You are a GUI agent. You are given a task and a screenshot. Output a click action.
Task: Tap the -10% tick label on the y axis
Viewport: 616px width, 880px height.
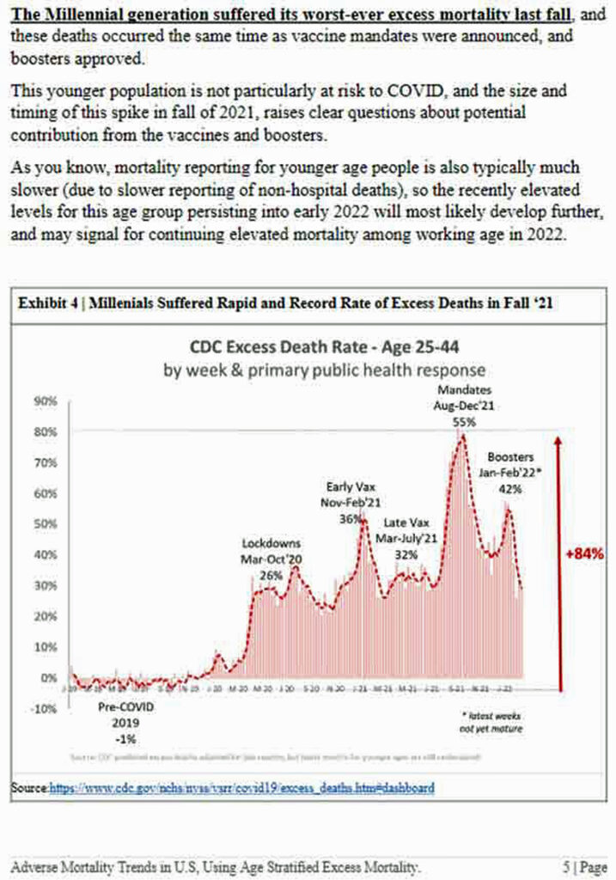pyautogui.click(x=44, y=709)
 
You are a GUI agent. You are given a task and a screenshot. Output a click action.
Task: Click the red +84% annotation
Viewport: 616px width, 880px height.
pyautogui.click(x=585, y=554)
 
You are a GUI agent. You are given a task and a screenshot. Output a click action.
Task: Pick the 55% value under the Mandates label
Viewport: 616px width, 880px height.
pyautogui.click(x=464, y=422)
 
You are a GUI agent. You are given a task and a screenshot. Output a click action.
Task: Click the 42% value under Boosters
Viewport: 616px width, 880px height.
pyautogui.click(x=510, y=488)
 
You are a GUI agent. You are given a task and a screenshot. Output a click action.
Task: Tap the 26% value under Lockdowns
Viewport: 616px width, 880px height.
pyautogui.click(x=271, y=575)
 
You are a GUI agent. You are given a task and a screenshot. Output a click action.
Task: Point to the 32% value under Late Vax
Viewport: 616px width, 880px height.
pyautogui.click(x=406, y=554)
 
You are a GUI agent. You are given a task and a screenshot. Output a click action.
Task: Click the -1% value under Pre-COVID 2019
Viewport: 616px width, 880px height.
pyautogui.click(x=118, y=738)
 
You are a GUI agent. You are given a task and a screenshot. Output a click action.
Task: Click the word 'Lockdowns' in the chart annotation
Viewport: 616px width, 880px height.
pyautogui.click(x=271, y=544)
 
